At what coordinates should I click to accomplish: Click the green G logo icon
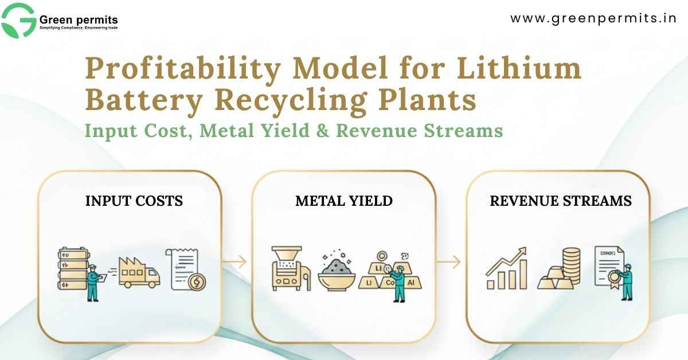pos(19,20)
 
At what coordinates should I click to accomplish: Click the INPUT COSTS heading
pos(134,201)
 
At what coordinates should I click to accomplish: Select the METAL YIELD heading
pos(344,201)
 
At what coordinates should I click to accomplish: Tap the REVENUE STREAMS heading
pos(561,201)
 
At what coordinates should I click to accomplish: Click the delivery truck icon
pos(139,272)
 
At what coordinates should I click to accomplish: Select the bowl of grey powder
pos(337,272)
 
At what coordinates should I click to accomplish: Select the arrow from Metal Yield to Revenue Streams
pos(448,262)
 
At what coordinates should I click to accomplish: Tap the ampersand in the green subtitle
pos(324,130)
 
